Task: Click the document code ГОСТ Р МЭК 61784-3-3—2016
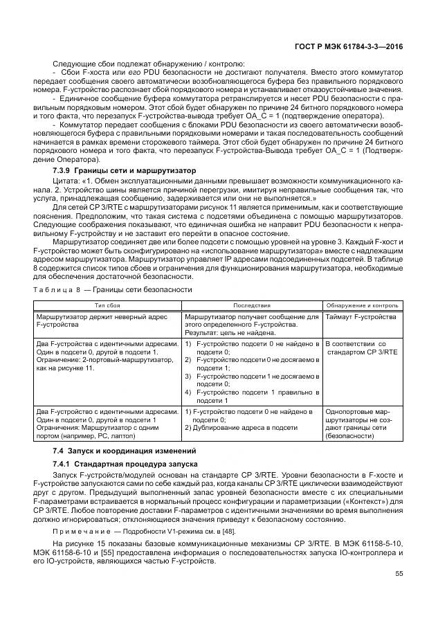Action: [355, 47]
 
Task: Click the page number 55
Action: [399, 573]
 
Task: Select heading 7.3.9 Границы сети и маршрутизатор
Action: [125, 170]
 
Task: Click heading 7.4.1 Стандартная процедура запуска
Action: [120, 463]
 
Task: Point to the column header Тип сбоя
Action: [107, 305]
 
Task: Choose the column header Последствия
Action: [251, 305]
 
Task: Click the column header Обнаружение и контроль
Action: [362, 305]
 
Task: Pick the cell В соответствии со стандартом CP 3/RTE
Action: [361, 347]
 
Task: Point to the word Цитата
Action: [65, 181]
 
